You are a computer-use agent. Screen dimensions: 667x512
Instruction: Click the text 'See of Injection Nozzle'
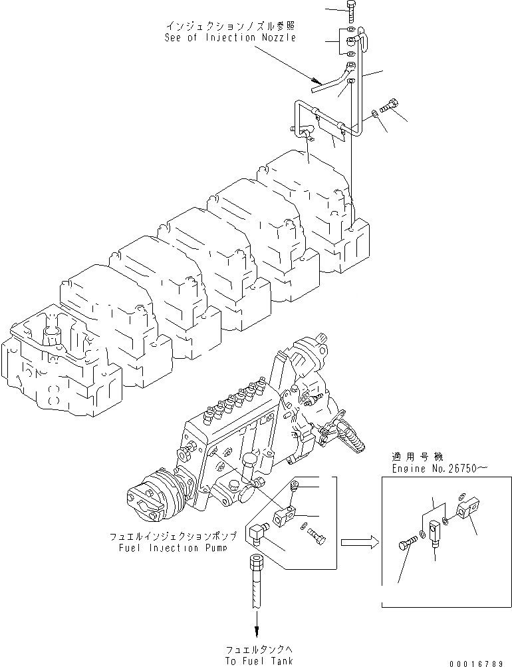[x=230, y=38]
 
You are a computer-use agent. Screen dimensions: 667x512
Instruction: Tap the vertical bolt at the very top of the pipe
[x=351, y=11]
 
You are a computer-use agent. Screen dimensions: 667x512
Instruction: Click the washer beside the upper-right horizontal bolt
[x=376, y=114]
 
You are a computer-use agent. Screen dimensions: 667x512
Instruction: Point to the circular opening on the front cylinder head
[x=51, y=329]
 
